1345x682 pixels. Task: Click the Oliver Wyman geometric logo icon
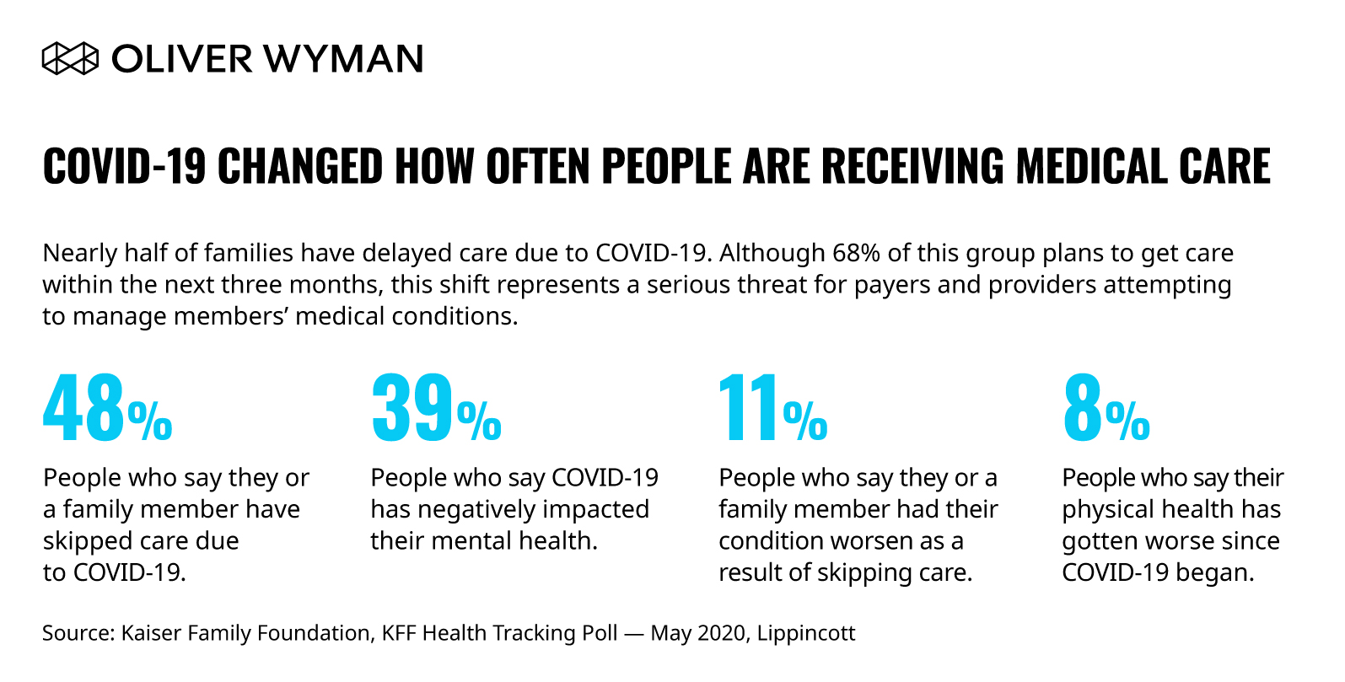pyautogui.click(x=70, y=59)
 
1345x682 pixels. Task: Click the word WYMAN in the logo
pyautogui.click(x=343, y=59)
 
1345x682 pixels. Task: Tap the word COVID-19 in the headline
pyautogui.click(x=124, y=166)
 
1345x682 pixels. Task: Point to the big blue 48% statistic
pyautogui.click(x=107, y=410)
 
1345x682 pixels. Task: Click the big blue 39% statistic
pyautogui.click(x=436, y=410)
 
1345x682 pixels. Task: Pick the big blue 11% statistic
pyautogui.click(x=772, y=410)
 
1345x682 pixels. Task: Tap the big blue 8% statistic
pyautogui.click(x=1106, y=410)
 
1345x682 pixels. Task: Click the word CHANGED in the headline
pyautogui.click(x=300, y=166)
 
